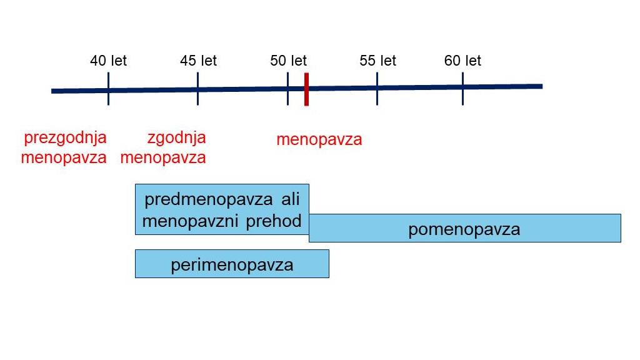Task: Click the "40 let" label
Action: coord(108,61)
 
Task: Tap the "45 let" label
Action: coord(198,61)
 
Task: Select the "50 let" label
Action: coord(288,61)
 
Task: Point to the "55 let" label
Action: coord(377,61)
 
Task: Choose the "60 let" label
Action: coord(462,61)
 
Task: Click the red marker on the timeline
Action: coord(306,89)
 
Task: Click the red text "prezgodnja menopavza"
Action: coord(64,147)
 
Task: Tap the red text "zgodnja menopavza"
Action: coord(163,147)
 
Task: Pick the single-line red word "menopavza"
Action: coord(319,139)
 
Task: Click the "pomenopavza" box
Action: coord(464,228)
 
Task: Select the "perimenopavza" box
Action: coord(232,264)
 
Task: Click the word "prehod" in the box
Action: coord(274,221)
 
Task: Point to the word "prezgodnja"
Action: coord(65,137)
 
